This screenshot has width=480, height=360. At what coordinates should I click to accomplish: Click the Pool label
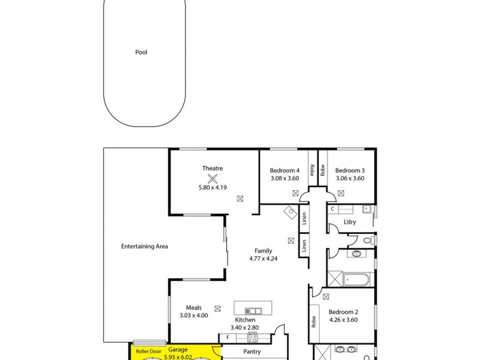(x=141, y=52)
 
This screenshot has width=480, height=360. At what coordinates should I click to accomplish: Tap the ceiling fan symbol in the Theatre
(x=212, y=178)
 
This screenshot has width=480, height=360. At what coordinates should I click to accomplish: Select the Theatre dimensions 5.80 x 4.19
(x=212, y=187)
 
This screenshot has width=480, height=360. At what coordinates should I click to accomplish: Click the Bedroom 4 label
(x=284, y=170)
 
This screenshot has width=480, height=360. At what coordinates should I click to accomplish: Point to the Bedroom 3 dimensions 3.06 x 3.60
(x=350, y=178)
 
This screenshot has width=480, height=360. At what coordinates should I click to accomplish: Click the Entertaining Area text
(x=144, y=246)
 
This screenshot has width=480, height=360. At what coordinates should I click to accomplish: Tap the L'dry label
(x=350, y=223)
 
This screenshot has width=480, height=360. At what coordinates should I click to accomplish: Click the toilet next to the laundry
(x=370, y=240)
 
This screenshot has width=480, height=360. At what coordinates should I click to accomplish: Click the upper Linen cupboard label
(x=304, y=219)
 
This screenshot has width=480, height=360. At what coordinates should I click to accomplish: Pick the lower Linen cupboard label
(x=304, y=245)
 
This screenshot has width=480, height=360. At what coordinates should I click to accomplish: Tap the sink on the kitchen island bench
(x=254, y=310)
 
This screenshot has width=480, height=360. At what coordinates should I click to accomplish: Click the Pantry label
(x=251, y=352)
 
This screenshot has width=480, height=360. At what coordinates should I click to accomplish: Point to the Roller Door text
(x=148, y=351)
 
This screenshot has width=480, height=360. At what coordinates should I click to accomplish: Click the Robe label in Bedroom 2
(x=314, y=322)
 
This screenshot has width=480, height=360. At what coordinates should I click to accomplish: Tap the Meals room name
(x=193, y=307)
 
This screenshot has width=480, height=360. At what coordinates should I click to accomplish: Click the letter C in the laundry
(x=332, y=209)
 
